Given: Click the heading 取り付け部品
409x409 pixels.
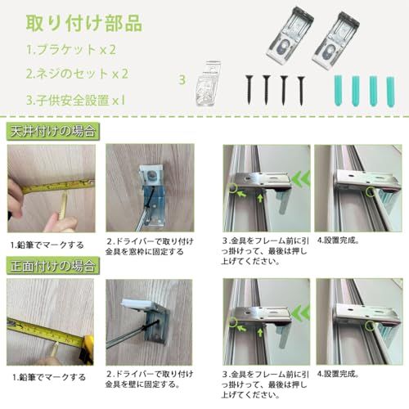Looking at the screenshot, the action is coord(84,23).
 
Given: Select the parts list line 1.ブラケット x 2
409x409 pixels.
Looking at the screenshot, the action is coord(71,50).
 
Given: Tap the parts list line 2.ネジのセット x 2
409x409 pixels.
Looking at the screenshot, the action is coord(77,74).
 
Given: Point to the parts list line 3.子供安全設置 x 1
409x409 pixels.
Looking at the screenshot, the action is coord(76,100).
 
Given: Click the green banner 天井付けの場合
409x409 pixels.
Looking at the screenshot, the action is coord(53,132).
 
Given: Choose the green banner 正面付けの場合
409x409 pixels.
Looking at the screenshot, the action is coord(53,266).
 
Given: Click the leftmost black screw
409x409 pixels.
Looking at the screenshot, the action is coord(249,90).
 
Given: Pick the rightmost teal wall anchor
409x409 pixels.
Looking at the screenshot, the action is coord(390,92).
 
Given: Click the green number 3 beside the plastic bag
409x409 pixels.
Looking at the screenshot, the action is coord(182,80).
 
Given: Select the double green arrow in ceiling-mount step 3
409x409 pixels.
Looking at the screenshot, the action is coord(301,179).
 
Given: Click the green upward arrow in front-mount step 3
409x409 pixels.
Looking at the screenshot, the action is coord(261,331).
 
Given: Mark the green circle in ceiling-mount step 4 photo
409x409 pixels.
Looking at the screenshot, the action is coord(371,192).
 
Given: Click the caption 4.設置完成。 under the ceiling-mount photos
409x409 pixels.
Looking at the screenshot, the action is coord(338,241).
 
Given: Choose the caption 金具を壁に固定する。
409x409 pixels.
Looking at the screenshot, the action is coord(142,384).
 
